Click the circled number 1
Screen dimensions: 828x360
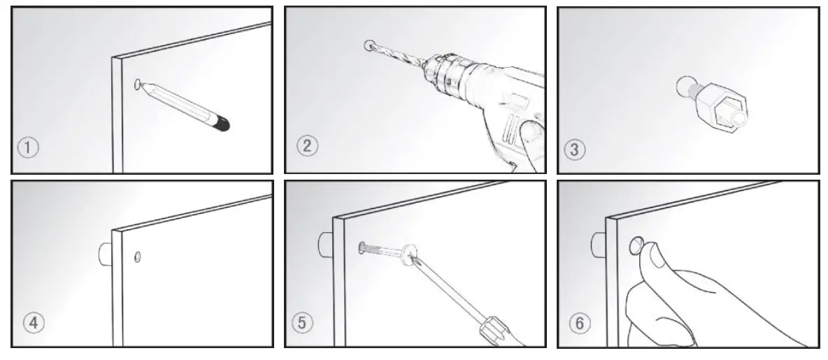click(x=29, y=147)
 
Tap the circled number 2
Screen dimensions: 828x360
click(x=307, y=145)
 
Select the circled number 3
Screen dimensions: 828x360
click(x=575, y=150)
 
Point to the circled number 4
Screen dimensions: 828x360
click(x=34, y=322)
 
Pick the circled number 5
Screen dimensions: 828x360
click(x=302, y=322)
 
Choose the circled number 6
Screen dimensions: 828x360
click(x=580, y=322)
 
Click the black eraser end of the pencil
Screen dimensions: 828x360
click(x=222, y=124)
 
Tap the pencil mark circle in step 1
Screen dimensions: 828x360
click(x=138, y=85)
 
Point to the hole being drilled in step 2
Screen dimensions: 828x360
click(x=369, y=45)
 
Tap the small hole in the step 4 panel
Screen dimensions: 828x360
click(x=138, y=257)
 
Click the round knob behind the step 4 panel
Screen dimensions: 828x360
click(x=106, y=253)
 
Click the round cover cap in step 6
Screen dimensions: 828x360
click(x=636, y=245)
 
